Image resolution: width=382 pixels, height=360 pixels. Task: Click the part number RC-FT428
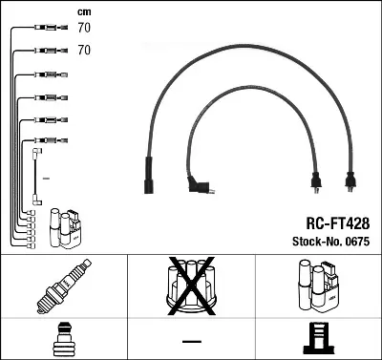coord(338,223)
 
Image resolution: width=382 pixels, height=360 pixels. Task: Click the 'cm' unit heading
coord(84,12)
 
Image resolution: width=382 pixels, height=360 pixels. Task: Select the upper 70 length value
coord(84,28)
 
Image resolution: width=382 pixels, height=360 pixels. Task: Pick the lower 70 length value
coord(84,50)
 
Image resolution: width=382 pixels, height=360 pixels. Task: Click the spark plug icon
coord(64,286)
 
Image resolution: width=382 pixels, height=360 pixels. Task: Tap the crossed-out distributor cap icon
coord(191,286)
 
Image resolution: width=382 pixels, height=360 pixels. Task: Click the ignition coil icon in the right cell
coord(317,286)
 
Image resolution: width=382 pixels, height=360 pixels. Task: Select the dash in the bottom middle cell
coord(192,341)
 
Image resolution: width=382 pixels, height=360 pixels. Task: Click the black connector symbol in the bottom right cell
coord(319,338)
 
